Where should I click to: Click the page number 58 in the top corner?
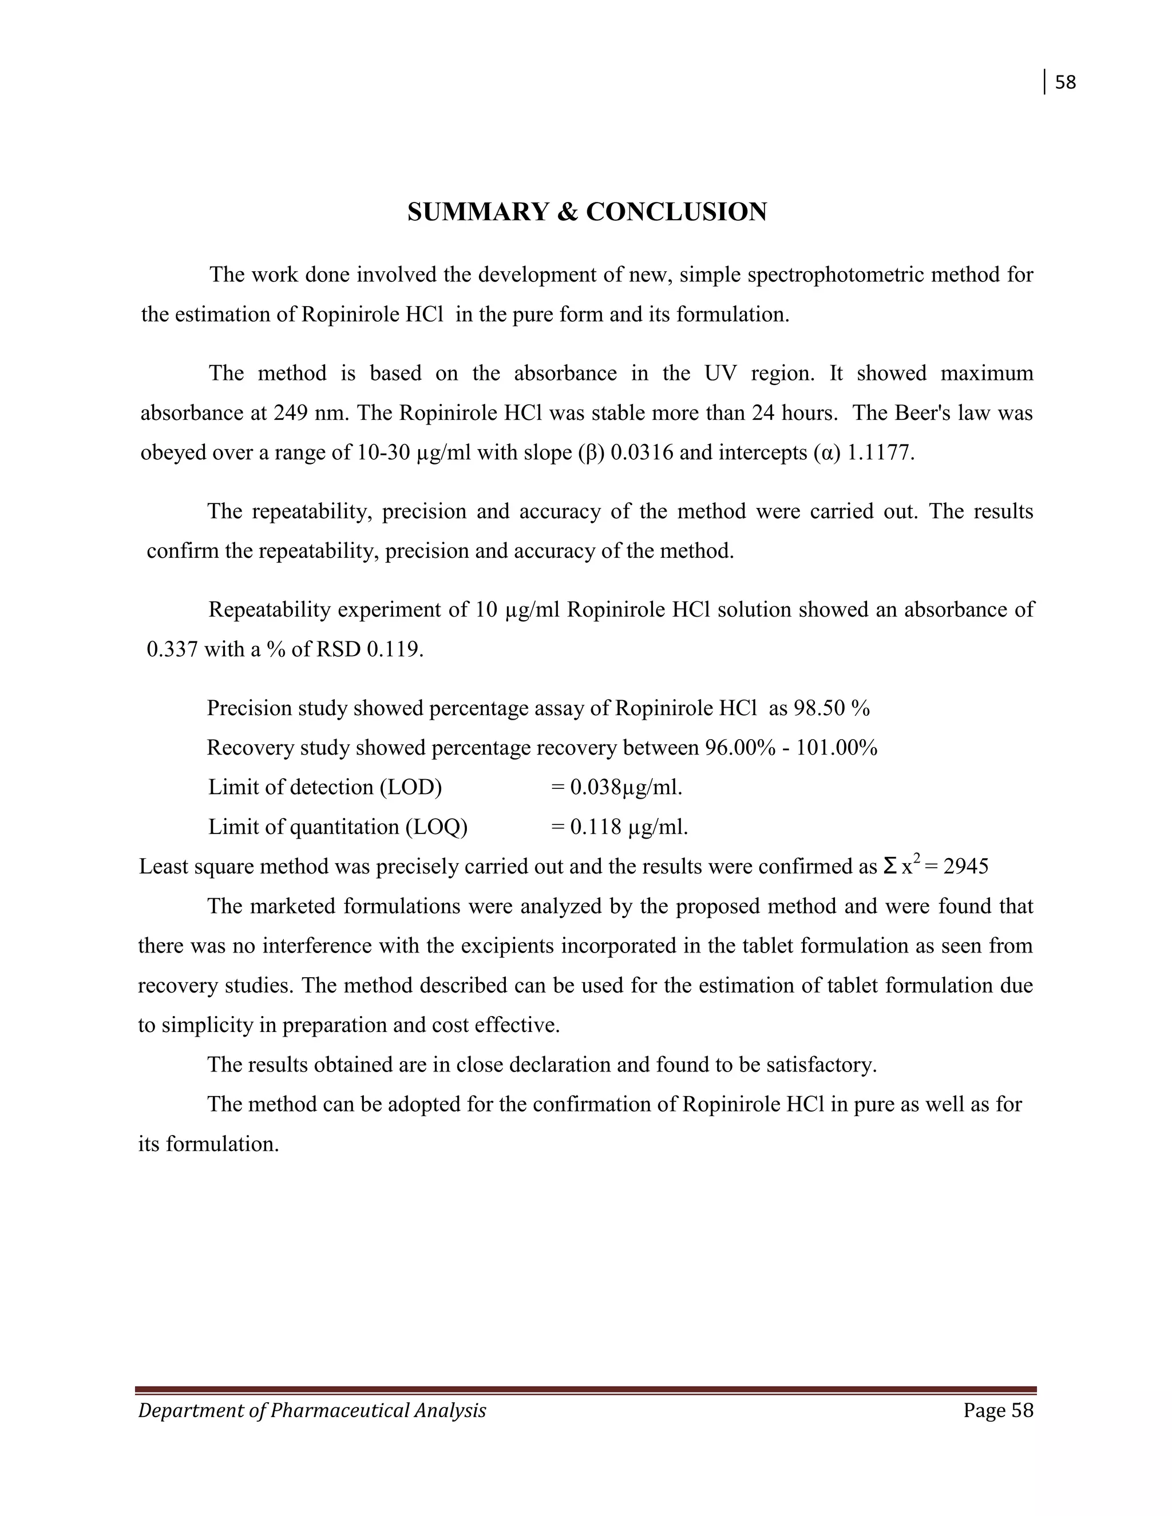coord(1065,82)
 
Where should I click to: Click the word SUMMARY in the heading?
coord(478,212)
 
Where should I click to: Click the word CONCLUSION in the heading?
coord(676,212)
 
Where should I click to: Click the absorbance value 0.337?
coord(172,650)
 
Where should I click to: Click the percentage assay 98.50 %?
coord(832,709)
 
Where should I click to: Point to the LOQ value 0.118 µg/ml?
coord(628,827)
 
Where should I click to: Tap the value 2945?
coord(966,867)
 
